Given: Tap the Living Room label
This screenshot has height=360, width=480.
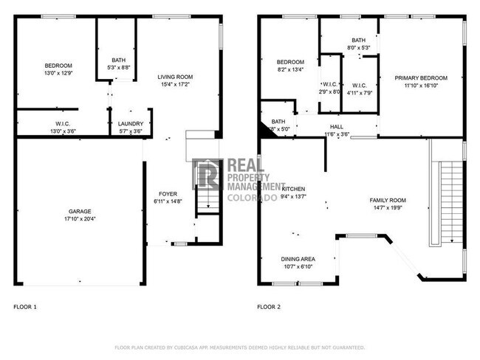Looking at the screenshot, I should [175, 77].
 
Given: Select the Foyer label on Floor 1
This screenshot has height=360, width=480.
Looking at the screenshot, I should [167, 193].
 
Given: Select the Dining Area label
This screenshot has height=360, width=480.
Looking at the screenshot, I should [298, 259].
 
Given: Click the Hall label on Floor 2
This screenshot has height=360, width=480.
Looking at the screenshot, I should [336, 127].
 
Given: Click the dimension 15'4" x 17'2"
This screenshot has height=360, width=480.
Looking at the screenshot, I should [175, 85].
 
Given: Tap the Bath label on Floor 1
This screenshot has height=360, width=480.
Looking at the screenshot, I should [119, 60].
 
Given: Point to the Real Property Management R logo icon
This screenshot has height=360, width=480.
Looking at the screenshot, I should [207, 174].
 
